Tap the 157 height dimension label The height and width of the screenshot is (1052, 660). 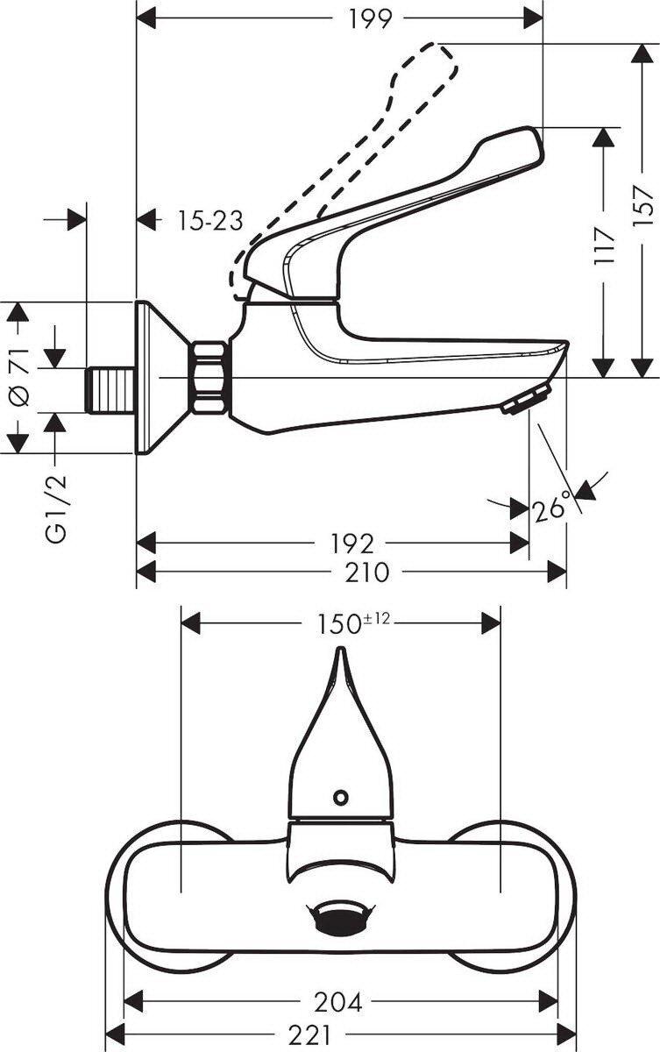coord(642,206)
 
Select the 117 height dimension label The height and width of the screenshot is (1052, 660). coord(604,245)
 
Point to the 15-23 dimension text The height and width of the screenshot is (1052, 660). coord(210,220)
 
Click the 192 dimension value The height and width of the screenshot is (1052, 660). coord(352,544)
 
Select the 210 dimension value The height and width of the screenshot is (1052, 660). coord(367,572)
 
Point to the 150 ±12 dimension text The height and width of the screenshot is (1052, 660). coord(353,623)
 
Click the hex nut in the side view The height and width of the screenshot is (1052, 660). coord(209,378)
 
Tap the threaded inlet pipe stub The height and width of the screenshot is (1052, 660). coord(111,391)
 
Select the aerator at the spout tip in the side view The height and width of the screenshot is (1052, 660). coord(526,398)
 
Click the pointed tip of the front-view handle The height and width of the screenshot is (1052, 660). coord(341,650)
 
